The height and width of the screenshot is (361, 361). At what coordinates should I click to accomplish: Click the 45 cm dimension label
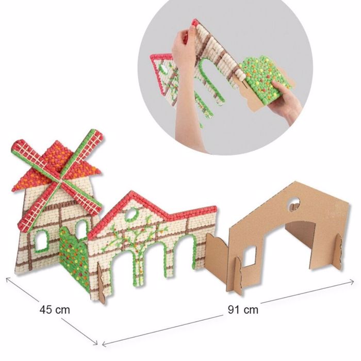(x=55, y=309)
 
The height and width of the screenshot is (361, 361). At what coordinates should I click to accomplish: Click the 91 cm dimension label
(x=243, y=309)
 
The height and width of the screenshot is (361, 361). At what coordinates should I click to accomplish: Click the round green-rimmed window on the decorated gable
(x=131, y=214)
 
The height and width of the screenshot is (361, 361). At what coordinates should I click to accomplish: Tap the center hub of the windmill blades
(x=60, y=180)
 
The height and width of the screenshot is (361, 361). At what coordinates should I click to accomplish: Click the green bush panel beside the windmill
(x=74, y=258)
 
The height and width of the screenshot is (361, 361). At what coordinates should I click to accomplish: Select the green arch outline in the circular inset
(x=208, y=78)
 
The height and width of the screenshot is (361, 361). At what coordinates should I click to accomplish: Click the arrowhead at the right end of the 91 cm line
(x=352, y=282)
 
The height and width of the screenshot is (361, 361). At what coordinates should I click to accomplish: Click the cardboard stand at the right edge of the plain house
(x=338, y=252)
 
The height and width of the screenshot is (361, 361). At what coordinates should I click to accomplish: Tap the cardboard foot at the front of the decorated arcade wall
(x=102, y=284)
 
